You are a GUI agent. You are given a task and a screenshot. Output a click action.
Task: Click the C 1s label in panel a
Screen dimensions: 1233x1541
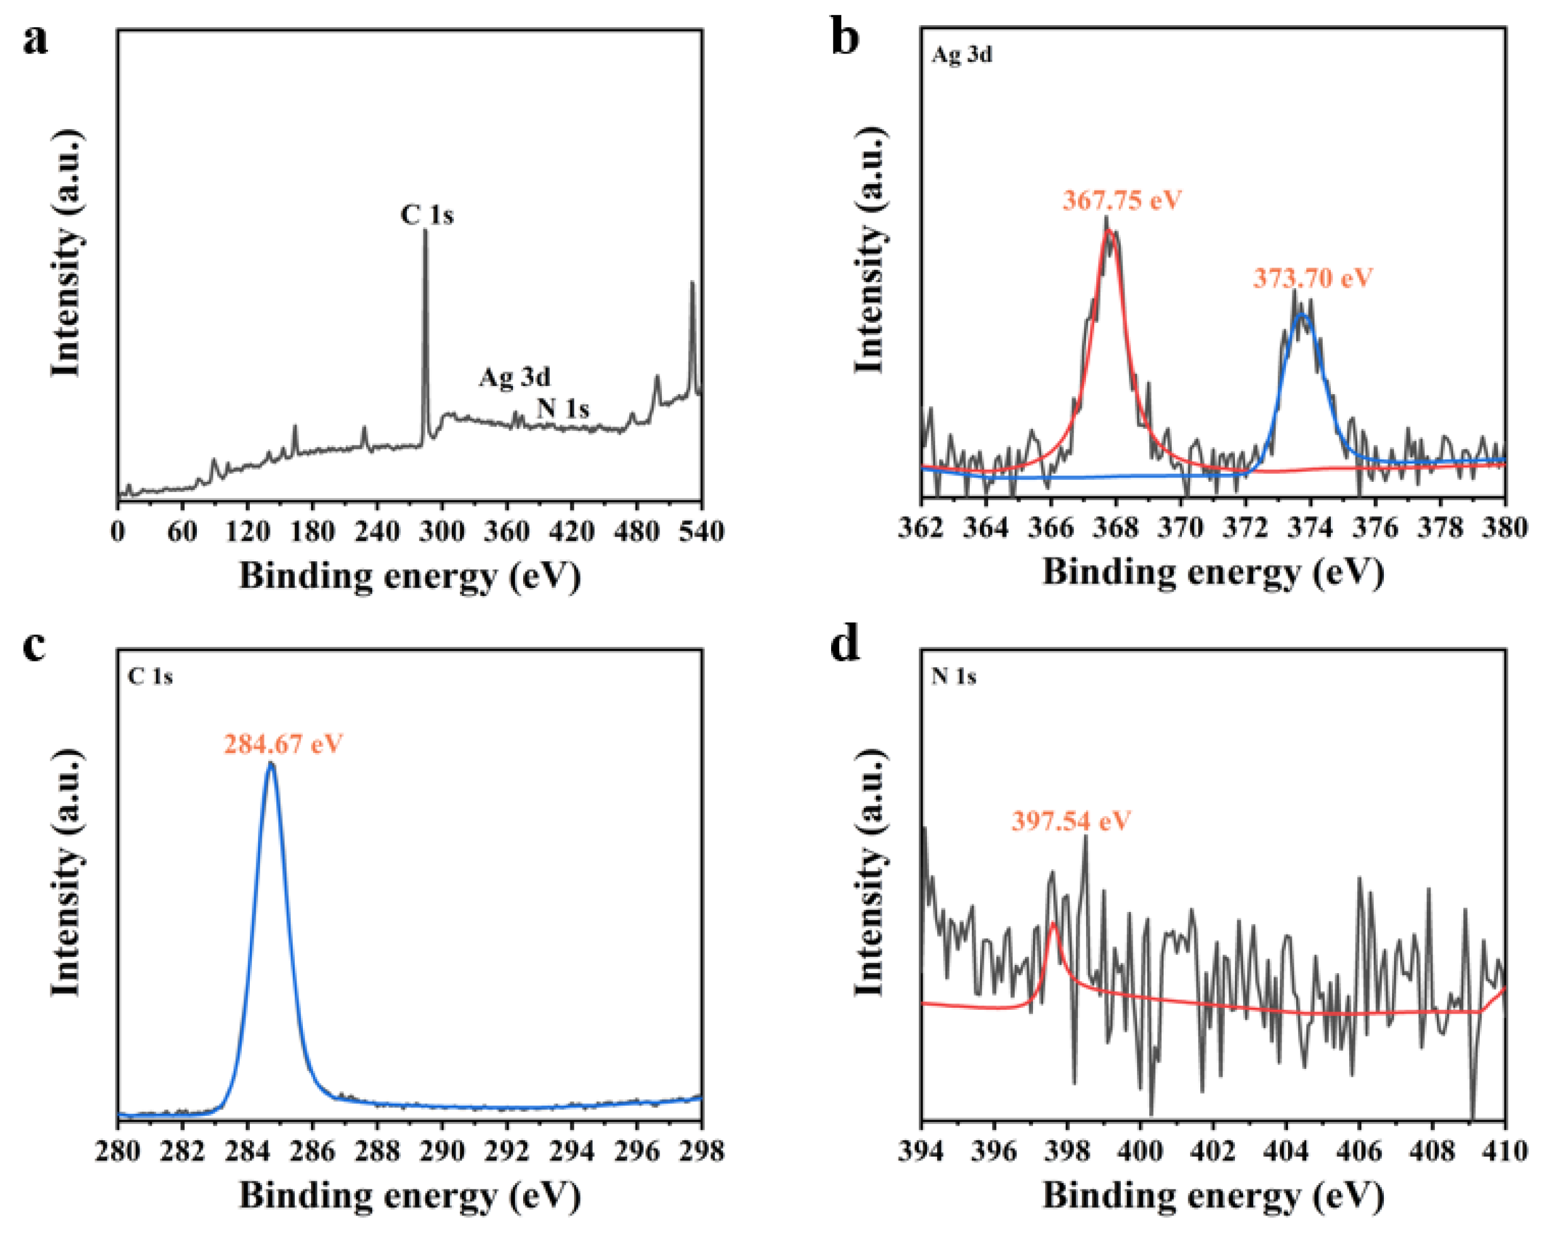[x=427, y=214]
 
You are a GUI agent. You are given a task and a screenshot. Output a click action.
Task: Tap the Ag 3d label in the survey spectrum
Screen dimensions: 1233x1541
[x=515, y=377]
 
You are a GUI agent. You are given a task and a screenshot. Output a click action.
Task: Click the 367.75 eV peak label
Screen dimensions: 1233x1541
[x=1121, y=199]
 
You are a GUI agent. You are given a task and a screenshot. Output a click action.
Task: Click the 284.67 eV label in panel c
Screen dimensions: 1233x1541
[x=283, y=744]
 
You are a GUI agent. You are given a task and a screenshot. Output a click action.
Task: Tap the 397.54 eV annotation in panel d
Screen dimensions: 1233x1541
[x=1071, y=820]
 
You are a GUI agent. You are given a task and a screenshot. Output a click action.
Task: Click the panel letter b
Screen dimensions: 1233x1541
[x=846, y=38]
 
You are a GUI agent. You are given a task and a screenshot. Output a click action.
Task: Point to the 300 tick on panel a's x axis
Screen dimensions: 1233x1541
[x=442, y=531]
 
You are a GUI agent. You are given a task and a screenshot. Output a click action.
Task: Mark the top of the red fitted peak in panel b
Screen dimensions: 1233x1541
[x=1109, y=230]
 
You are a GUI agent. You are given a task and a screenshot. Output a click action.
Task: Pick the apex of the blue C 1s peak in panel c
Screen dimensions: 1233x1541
[x=271, y=763]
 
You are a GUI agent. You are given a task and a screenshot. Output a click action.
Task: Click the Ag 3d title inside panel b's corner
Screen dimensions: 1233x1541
[x=961, y=55]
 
